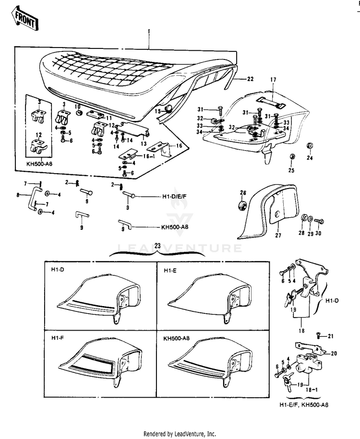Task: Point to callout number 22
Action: tap(250, 78)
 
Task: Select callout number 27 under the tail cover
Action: tap(276, 236)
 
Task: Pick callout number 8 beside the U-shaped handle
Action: tap(18, 195)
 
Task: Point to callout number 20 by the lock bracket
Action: tap(334, 353)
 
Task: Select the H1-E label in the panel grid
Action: tap(169, 271)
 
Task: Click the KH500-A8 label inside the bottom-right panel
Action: tap(176, 338)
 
